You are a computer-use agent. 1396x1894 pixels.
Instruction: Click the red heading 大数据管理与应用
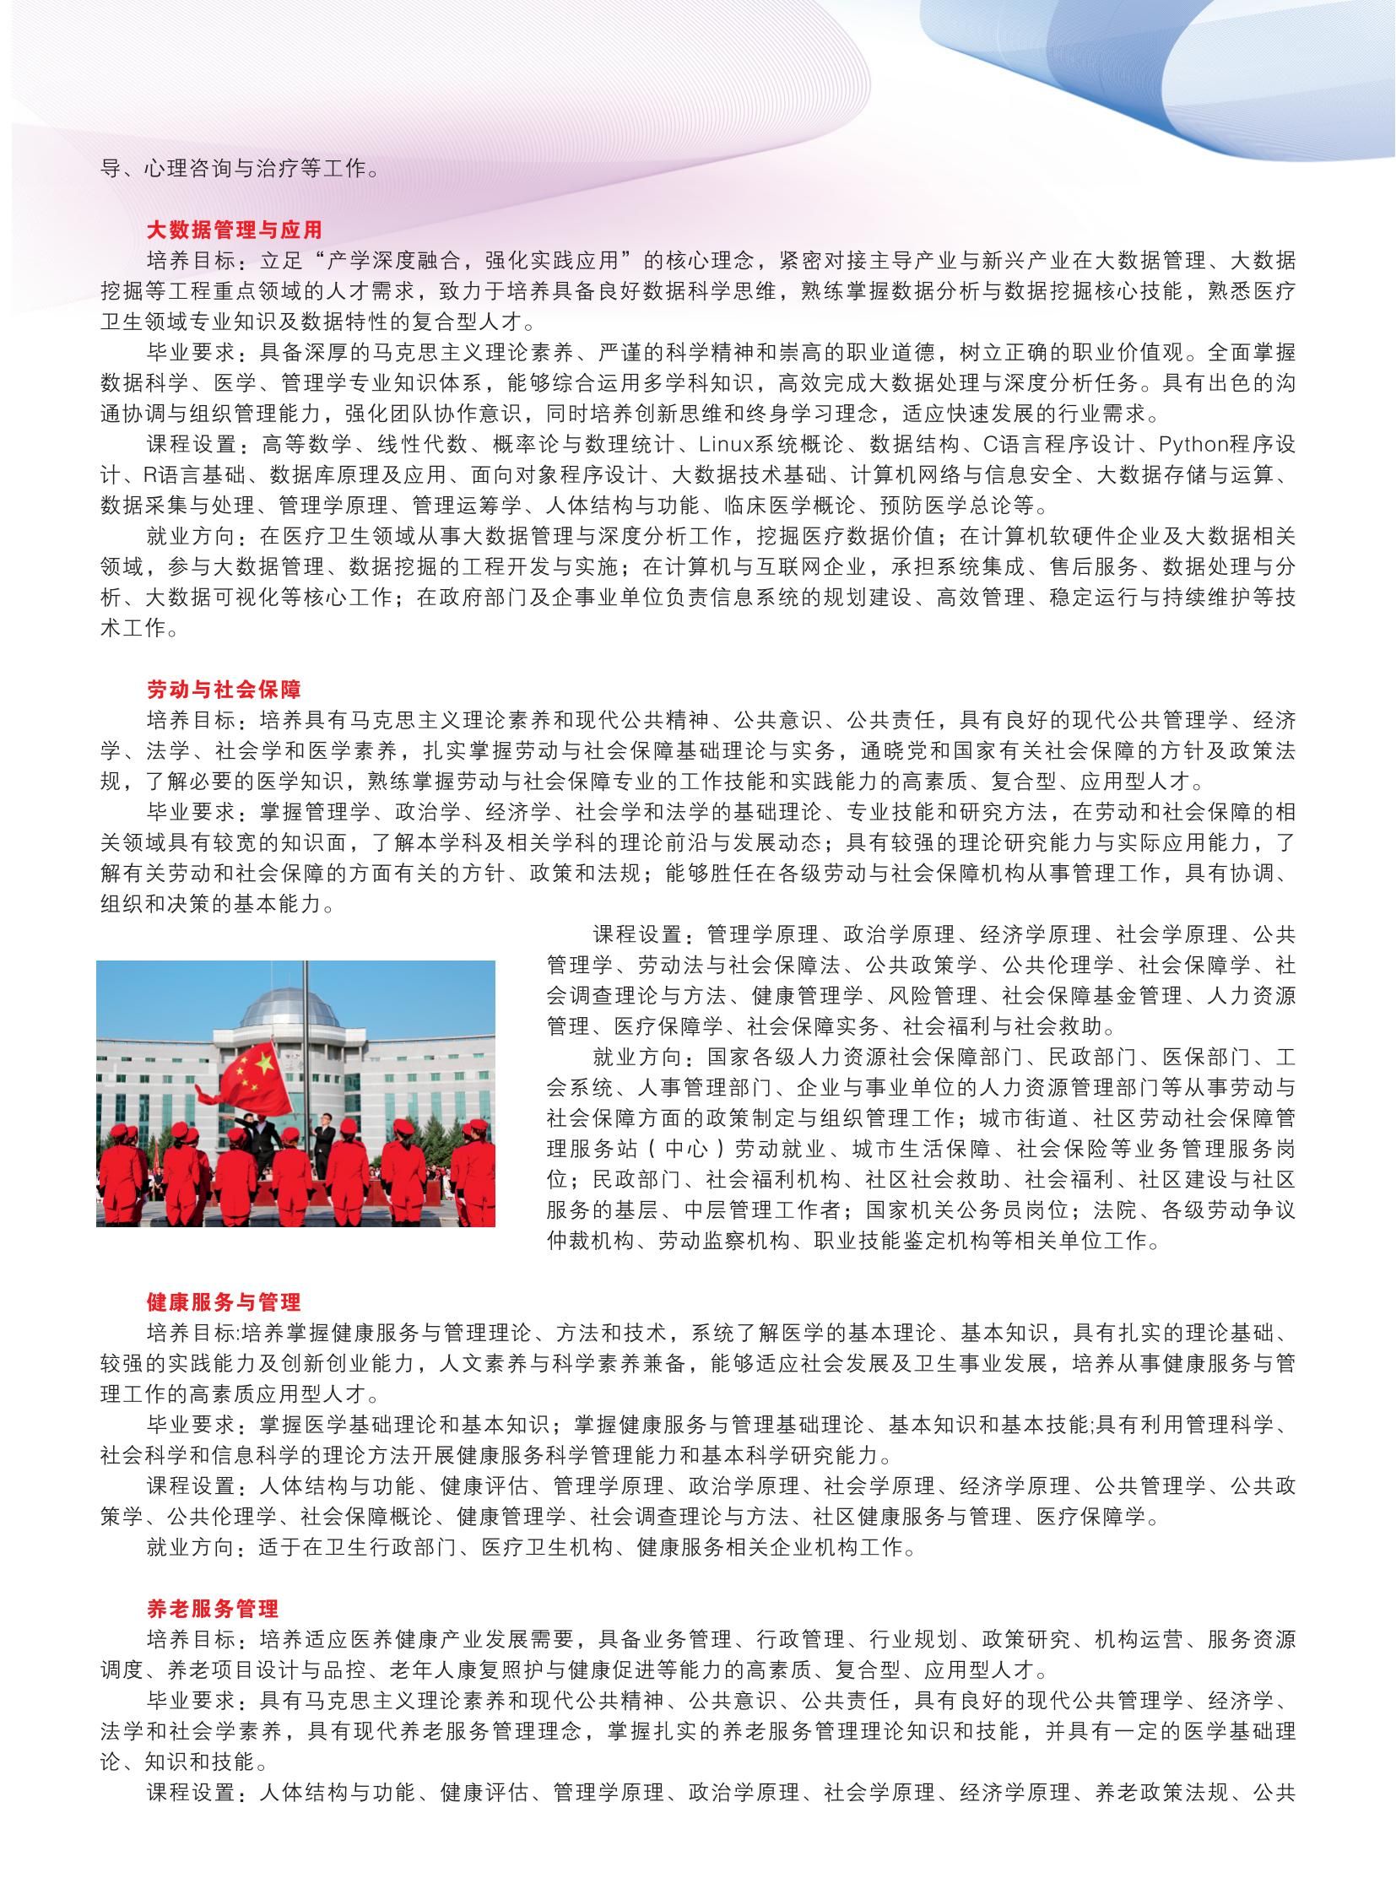pos(234,230)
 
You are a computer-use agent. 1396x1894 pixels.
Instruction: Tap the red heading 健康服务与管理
pos(224,1301)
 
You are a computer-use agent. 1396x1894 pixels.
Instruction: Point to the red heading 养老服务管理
pos(213,1608)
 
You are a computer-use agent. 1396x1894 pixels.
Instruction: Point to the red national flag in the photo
pos(253,1078)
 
